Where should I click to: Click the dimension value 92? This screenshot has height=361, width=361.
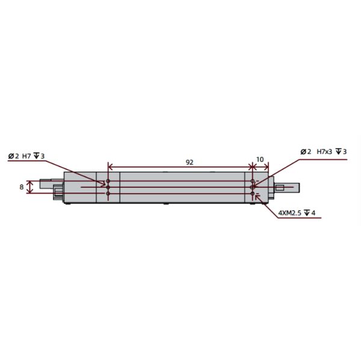(189, 162)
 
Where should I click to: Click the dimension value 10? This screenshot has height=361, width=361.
(260, 160)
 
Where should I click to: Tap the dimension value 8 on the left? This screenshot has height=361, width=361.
(22, 187)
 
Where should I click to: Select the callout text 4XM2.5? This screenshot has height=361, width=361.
(291, 213)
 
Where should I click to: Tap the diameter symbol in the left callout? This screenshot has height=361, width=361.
(11, 156)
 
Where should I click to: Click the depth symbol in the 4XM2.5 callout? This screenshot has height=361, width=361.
(307, 213)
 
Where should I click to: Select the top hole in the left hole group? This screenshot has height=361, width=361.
(108, 181)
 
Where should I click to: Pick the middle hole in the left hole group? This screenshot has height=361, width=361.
(108, 188)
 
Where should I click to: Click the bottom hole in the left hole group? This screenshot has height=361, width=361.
(108, 194)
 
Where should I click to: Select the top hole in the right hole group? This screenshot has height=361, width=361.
(253, 181)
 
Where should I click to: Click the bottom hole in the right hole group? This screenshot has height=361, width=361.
(253, 194)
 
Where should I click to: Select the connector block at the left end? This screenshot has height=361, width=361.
(58, 193)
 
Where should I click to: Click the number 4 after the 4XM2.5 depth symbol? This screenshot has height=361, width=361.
(313, 213)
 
